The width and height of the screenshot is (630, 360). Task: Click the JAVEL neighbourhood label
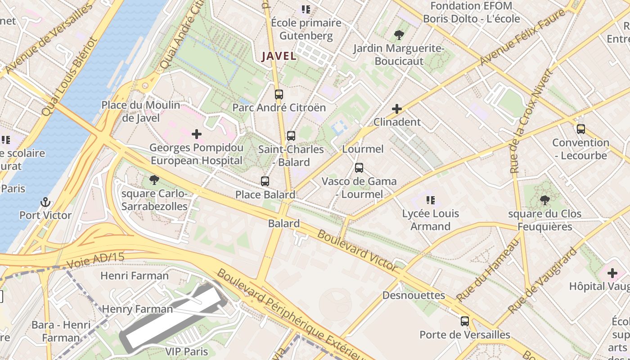[x=279, y=56]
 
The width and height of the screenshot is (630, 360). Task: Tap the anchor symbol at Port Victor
[x=45, y=202]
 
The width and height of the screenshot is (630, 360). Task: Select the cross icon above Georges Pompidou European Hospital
[x=197, y=134]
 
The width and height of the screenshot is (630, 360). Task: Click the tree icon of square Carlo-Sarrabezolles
[x=154, y=180]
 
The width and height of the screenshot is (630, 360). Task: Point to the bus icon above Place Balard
[x=265, y=181]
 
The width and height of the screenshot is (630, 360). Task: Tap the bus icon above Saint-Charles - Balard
[x=291, y=135]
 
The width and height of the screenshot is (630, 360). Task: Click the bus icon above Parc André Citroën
[x=279, y=94]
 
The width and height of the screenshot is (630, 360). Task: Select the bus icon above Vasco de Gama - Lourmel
[x=359, y=168]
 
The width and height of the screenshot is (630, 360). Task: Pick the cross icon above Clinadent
[x=397, y=109]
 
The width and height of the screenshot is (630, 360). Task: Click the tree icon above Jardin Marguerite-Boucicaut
[x=399, y=35]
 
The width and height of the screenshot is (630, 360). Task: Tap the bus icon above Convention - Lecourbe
[x=581, y=129]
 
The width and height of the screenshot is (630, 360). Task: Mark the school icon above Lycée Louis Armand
[x=430, y=200]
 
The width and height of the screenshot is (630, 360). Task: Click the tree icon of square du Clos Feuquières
[x=544, y=200]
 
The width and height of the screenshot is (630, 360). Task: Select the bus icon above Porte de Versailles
[x=465, y=321]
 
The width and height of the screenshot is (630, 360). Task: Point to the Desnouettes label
[x=414, y=296]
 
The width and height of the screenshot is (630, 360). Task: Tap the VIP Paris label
[x=186, y=351]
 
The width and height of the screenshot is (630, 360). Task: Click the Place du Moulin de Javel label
[x=140, y=112]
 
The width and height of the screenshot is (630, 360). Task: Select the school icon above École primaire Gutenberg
[x=306, y=9]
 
